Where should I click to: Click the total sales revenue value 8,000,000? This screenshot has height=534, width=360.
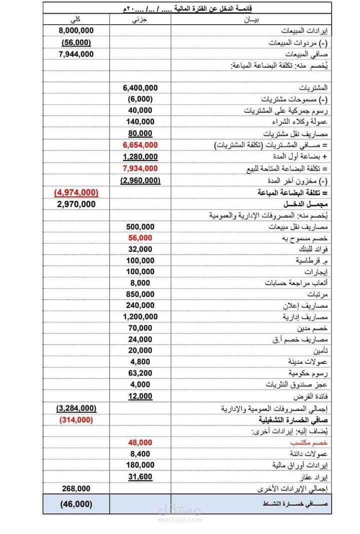[76, 31]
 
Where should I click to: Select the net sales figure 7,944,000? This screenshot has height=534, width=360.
[76, 54]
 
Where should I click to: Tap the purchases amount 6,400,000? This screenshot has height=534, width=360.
[140, 88]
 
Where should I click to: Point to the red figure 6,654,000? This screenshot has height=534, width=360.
[140, 145]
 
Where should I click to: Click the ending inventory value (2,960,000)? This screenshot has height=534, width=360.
[140, 180]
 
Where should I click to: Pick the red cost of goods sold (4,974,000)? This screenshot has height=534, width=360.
[76, 192]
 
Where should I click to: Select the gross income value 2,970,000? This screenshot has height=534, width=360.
[76, 204]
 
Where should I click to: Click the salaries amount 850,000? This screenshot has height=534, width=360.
[140, 294]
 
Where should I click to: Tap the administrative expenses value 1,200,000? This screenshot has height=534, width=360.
[140, 317]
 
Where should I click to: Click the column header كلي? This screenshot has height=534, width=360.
[76, 20]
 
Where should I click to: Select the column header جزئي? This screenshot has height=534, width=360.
[140, 20]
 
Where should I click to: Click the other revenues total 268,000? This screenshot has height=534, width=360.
[76, 488]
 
